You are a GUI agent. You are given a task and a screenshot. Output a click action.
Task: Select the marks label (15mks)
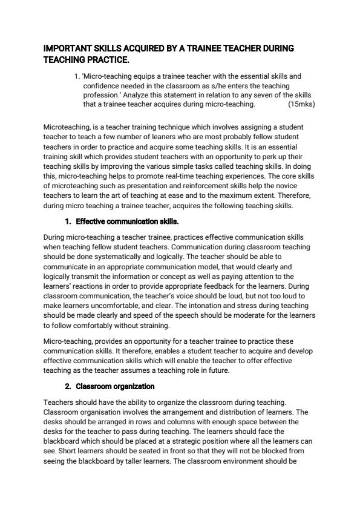[301, 104]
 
